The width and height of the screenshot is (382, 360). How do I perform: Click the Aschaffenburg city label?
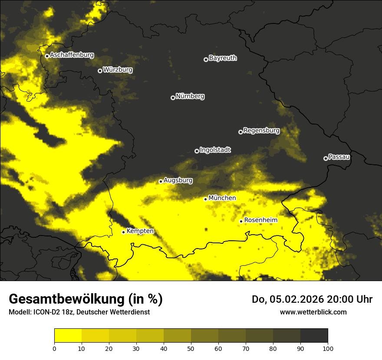(72, 55)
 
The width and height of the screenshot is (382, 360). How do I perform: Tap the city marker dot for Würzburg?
(100, 71)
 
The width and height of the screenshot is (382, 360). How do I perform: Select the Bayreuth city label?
(223, 58)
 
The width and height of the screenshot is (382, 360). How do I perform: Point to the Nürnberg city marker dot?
(173, 98)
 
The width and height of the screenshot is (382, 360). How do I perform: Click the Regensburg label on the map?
(261, 130)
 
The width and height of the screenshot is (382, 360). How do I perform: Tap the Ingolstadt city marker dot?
(197, 151)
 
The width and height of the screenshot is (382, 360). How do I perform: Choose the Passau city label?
(339, 157)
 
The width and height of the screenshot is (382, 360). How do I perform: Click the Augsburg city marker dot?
(161, 181)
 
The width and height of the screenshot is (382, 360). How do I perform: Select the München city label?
(222, 198)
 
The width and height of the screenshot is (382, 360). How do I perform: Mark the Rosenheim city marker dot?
(241, 221)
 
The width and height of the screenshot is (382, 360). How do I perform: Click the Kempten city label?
(140, 231)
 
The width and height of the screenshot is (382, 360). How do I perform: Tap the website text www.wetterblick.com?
(313, 312)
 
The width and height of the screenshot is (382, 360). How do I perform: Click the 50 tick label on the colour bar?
(191, 348)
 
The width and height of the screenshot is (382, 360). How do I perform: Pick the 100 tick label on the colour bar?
(328, 348)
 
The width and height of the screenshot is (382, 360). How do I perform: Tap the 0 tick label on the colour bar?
(54, 348)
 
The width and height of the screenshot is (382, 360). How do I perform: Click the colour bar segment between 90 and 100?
(314, 335)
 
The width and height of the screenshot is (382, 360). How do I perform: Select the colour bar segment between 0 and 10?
(68, 335)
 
